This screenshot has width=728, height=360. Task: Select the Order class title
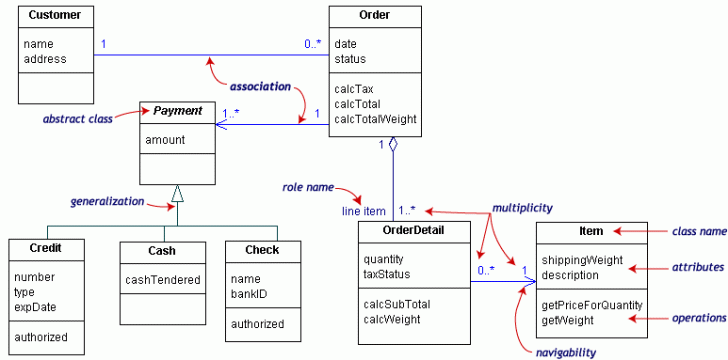click(374, 15)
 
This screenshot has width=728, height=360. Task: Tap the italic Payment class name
click(177, 110)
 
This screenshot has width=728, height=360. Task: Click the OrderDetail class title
click(414, 230)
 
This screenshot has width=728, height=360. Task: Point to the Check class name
click(262, 249)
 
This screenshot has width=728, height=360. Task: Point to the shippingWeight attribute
click(582, 260)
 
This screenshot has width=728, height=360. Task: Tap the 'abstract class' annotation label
click(77, 118)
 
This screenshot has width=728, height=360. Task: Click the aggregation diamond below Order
click(394, 146)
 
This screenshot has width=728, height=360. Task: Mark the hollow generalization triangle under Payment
click(177, 194)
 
